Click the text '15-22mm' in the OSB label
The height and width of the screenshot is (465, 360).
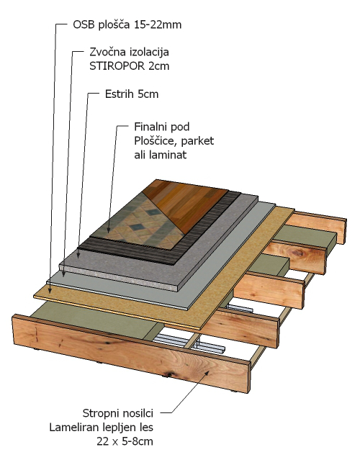[158, 24]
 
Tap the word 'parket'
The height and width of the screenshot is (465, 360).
[197, 141]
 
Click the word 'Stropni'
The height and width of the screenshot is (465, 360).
[101, 413]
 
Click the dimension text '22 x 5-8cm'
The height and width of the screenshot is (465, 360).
[125, 441]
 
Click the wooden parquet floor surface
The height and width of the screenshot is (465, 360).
[186, 204]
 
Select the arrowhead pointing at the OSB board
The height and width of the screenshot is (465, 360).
[50, 290]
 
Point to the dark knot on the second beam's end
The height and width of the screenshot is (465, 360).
[297, 253]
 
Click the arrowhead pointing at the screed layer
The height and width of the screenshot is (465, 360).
[78, 254]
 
